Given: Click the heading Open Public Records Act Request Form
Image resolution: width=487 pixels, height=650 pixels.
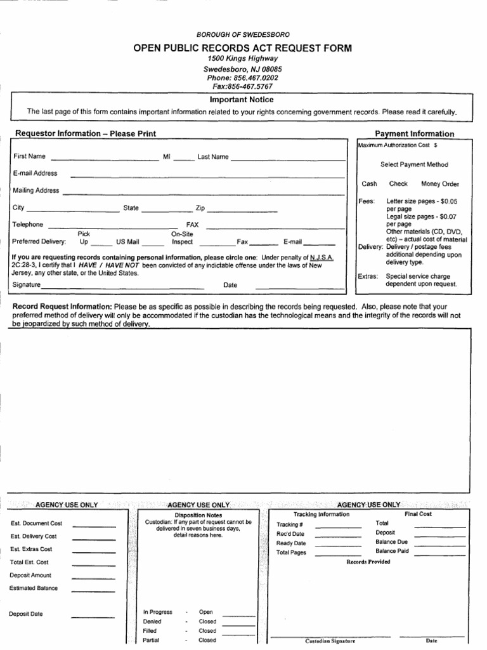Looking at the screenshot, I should [x=242, y=48].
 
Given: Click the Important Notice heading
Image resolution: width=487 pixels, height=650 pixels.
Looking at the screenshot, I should [x=242, y=100].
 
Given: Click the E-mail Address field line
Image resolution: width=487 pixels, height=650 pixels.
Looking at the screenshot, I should [x=207, y=176].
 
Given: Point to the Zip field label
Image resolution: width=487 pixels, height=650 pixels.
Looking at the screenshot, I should [x=200, y=208].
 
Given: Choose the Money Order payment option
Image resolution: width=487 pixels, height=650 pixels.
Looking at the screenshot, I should [x=440, y=184].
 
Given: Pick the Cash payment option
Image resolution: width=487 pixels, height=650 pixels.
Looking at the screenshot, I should [x=369, y=184].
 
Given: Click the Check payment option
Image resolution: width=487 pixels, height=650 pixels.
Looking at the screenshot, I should [x=398, y=184].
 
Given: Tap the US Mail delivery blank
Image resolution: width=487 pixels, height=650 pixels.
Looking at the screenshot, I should [x=153, y=244].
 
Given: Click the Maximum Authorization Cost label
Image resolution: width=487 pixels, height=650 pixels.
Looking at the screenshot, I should [x=393, y=145].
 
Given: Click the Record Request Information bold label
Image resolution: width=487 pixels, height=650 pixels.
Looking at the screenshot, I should [x=62, y=307].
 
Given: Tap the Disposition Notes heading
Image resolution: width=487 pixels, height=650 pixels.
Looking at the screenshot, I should [x=198, y=515].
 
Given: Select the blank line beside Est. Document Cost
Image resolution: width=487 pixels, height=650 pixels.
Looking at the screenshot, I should [x=94, y=526].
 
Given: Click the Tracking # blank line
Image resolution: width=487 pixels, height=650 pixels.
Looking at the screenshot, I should [x=338, y=527].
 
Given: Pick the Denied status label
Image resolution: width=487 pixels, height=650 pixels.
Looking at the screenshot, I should [x=153, y=621].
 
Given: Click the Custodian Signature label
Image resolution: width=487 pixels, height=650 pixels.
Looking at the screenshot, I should [x=330, y=640].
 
